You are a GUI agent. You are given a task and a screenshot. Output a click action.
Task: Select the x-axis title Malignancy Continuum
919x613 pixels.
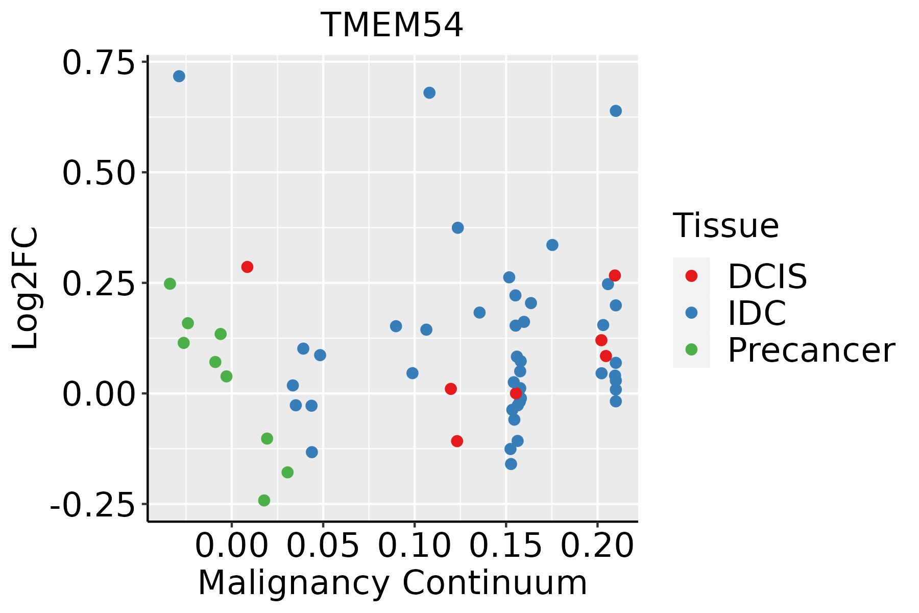pos(392,583)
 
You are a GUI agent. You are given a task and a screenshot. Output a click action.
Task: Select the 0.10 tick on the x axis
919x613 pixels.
pos(414,546)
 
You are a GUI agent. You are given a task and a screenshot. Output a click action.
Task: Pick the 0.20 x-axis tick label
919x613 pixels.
pos(597,546)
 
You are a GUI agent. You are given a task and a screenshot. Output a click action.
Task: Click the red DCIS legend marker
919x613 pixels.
pos(691,276)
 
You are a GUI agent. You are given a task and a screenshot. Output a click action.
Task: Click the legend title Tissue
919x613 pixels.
pos(725,225)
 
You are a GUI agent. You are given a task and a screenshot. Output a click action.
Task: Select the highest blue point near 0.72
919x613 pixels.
pos(179,76)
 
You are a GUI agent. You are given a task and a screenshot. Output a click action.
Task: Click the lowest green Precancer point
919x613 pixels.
pos(264,500)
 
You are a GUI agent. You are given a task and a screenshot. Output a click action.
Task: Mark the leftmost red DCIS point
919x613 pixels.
pos(247,267)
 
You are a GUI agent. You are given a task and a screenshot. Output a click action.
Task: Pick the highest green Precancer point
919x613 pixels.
pos(170,284)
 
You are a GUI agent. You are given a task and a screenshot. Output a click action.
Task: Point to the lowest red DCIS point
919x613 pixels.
pos(457,441)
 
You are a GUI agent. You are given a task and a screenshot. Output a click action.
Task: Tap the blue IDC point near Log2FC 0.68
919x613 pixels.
pos(429,92)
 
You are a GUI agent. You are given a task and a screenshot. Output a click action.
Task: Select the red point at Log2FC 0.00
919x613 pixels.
pos(516,393)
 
